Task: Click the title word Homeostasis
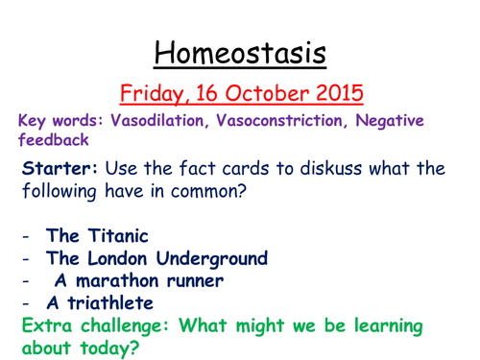pos(240,49)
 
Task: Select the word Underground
pos(223,258)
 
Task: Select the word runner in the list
pos(193,281)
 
